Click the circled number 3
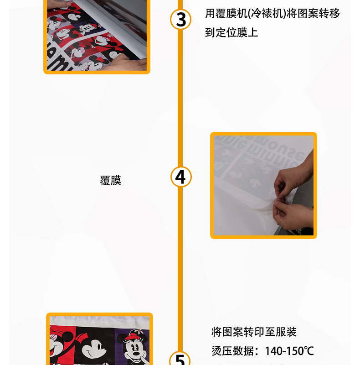pyautogui.click(x=181, y=20)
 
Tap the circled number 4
pyautogui.click(x=181, y=177)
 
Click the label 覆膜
pyautogui.click(x=111, y=181)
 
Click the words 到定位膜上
pyautogui.click(x=231, y=33)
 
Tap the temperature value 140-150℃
pyautogui.click(x=289, y=351)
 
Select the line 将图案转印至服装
pyautogui.click(x=254, y=332)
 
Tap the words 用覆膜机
pyautogui.click(x=221, y=13)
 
